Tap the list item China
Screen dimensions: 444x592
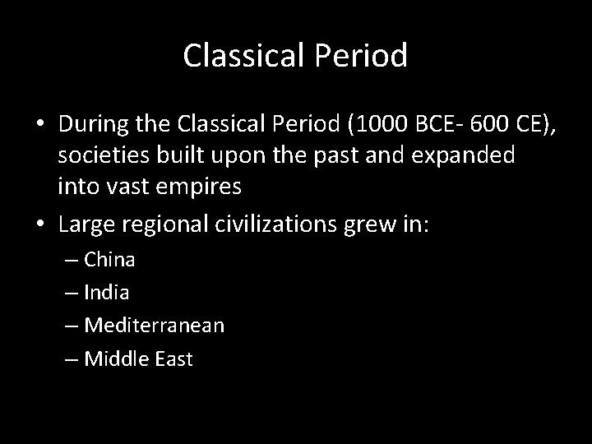[109, 260]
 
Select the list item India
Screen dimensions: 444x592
[105, 292]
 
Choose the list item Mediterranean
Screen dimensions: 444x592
[153, 325]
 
